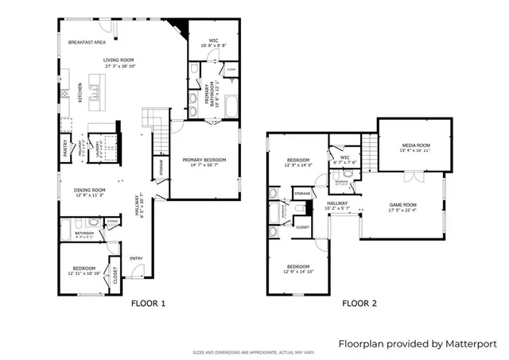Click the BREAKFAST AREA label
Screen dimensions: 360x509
[x=87, y=42]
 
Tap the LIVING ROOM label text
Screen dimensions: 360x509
[x=118, y=60]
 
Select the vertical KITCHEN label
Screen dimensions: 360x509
[x=80, y=94]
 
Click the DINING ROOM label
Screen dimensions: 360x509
[x=90, y=190]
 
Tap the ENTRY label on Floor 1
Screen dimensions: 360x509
[x=136, y=257]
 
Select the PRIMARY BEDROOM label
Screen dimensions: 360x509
[x=204, y=160]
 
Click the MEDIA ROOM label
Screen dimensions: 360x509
[x=415, y=146]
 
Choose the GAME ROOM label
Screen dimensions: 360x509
[x=402, y=205]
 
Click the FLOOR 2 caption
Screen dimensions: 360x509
[x=360, y=304]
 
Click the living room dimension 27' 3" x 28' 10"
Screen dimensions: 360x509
[x=118, y=66]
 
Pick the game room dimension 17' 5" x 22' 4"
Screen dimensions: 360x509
[x=402, y=211]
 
